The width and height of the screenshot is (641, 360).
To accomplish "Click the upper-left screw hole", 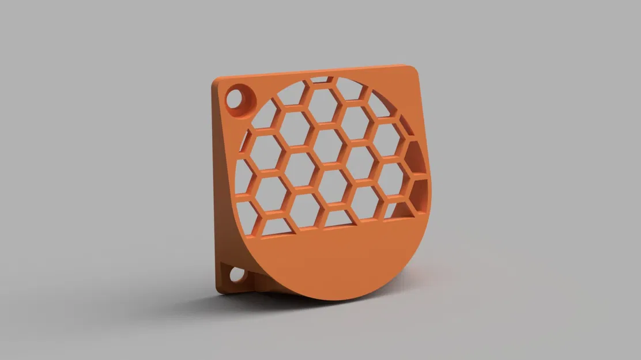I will click(235, 98).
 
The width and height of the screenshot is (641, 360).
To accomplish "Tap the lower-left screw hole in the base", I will click(237, 275).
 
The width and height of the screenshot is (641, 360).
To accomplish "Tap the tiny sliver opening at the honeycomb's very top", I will click(320, 79).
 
